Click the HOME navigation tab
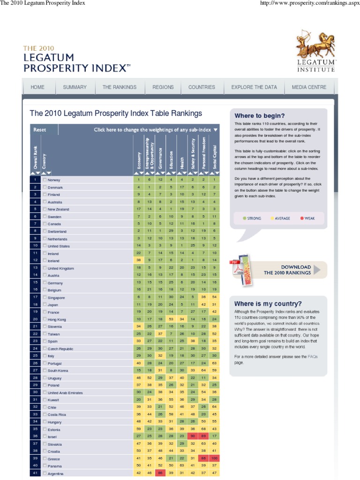tap(37, 87)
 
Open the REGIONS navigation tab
tap(163, 87)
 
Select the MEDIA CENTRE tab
tap(309, 87)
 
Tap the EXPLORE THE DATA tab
tap(254, 87)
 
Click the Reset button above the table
tap(40, 130)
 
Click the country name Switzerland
tap(57, 232)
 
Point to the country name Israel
tap(52, 437)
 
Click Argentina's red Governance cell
tap(160, 473)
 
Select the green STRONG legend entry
tap(252, 218)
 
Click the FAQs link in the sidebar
tap(312, 357)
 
